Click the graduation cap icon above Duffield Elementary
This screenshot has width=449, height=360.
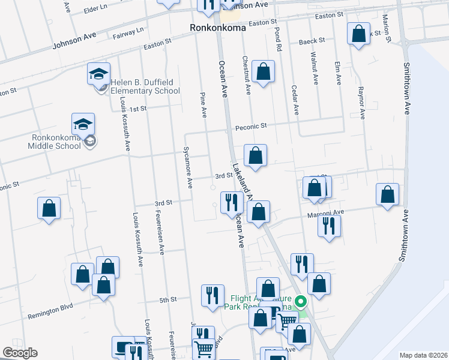pos(98,74)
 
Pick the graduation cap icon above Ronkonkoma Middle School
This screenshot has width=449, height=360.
pos(83,124)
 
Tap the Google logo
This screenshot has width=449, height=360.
pos(20,353)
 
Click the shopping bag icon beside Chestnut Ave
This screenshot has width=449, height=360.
pos(263,72)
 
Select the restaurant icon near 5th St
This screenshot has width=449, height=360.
pos(212,295)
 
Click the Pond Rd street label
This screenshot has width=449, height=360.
pos(278,37)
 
